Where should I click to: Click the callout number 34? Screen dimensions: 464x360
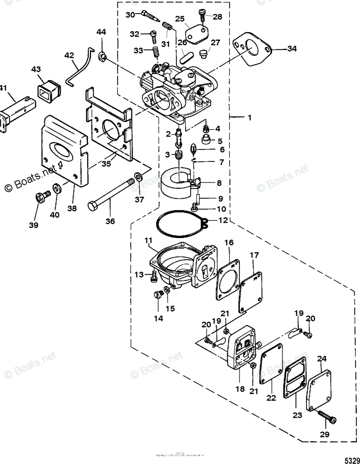(x=292, y=49)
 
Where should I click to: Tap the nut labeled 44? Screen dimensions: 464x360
(x=102, y=57)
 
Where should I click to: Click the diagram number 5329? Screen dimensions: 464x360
(x=350, y=460)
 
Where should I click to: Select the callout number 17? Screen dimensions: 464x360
(x=254, y=255)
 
